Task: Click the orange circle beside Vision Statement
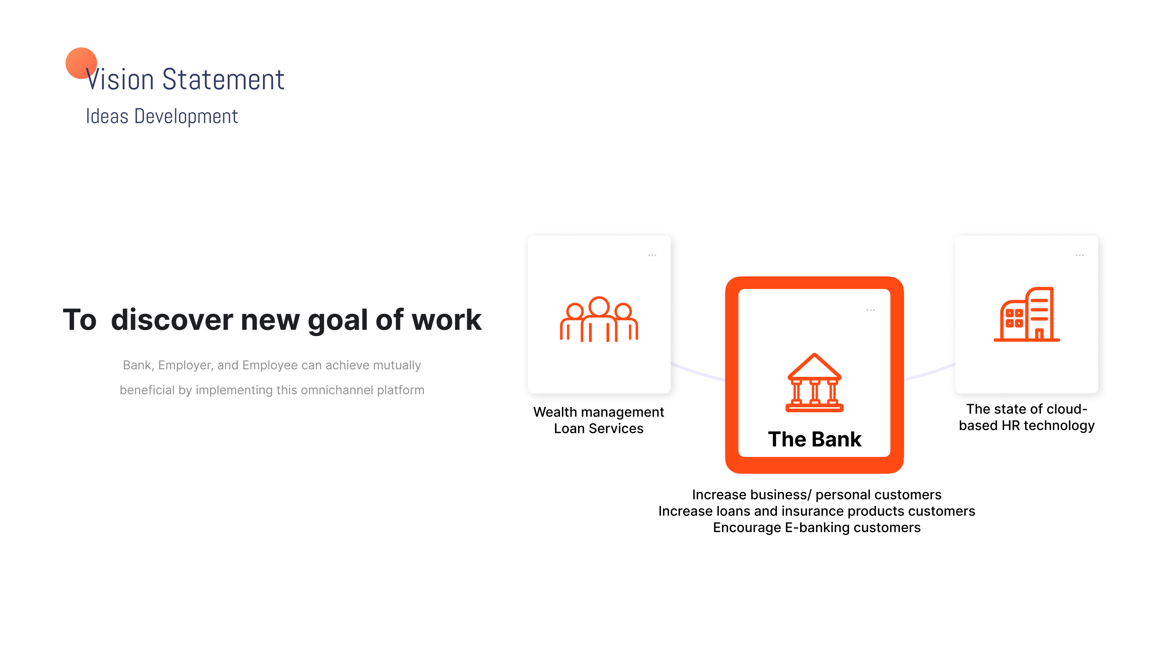tap(81, 63)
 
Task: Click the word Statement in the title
tap(223, 79)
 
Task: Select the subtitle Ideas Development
tap(162, 116)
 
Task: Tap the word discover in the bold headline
tap(172, 319)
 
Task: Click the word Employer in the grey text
tap(185, 365)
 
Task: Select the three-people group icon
tap(599, 319)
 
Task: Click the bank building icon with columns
tap(815, 383)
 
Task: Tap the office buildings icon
tap(1027, 314)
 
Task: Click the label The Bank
tap(815, 439)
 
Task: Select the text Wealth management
tap(599, 412)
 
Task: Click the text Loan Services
tap(599, 428)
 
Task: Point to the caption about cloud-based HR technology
tap(1027, 417)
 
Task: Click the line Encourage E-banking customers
tap(817, 527)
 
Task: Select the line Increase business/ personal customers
tap(817, 494)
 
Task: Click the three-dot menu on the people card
tap(652, 256)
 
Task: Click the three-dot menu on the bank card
tap(871, 310)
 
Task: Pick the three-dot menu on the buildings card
tap(1080, 256)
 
